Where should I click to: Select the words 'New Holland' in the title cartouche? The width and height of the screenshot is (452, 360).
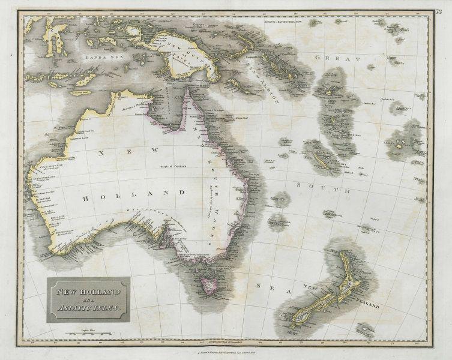[89, 292]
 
